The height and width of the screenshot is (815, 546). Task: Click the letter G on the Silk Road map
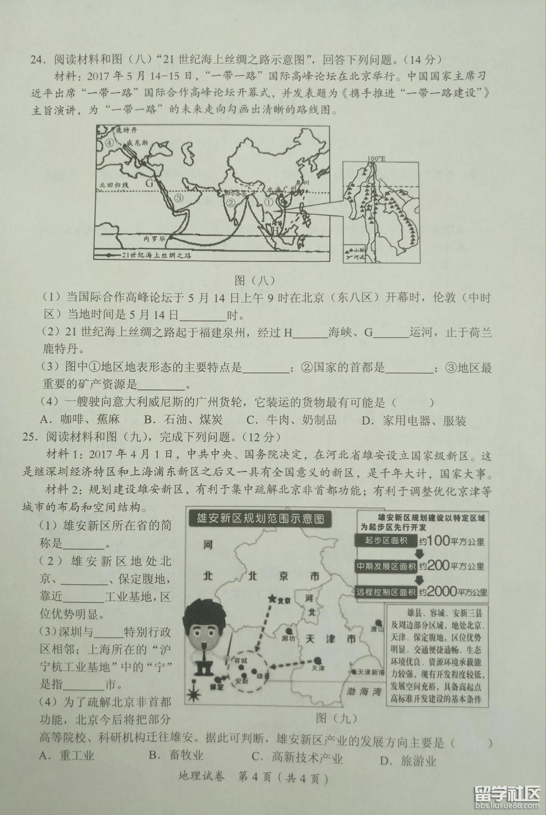pyautogui.click(x=149, y=183)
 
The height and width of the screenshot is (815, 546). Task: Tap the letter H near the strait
pyautogui.click(x=275, y=230)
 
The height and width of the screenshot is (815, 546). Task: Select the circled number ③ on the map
pyautogui.click(x=179, y=198)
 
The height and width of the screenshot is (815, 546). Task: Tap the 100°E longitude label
pyautogui.click(x=376, y=159)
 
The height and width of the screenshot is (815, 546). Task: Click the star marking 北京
pyautogui.click(x=272, y=598)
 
